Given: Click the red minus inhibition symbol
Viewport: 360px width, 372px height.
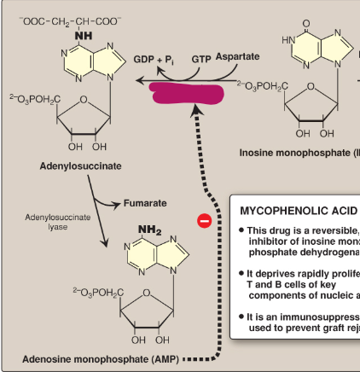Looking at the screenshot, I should tap(203, 222).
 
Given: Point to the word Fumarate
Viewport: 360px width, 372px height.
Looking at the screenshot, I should tap(147, 204).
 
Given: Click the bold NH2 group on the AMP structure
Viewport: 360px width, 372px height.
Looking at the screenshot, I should tap(148, 230).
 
